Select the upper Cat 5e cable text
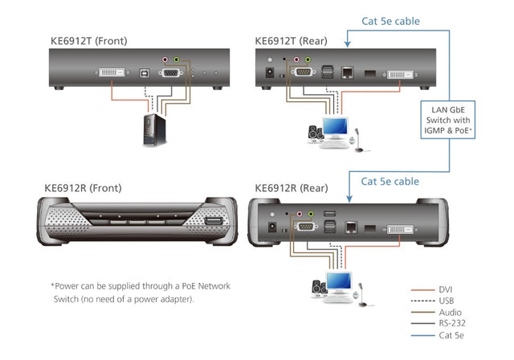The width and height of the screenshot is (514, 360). tap(390, 22)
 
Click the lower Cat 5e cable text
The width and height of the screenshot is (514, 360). tap(390, 182)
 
